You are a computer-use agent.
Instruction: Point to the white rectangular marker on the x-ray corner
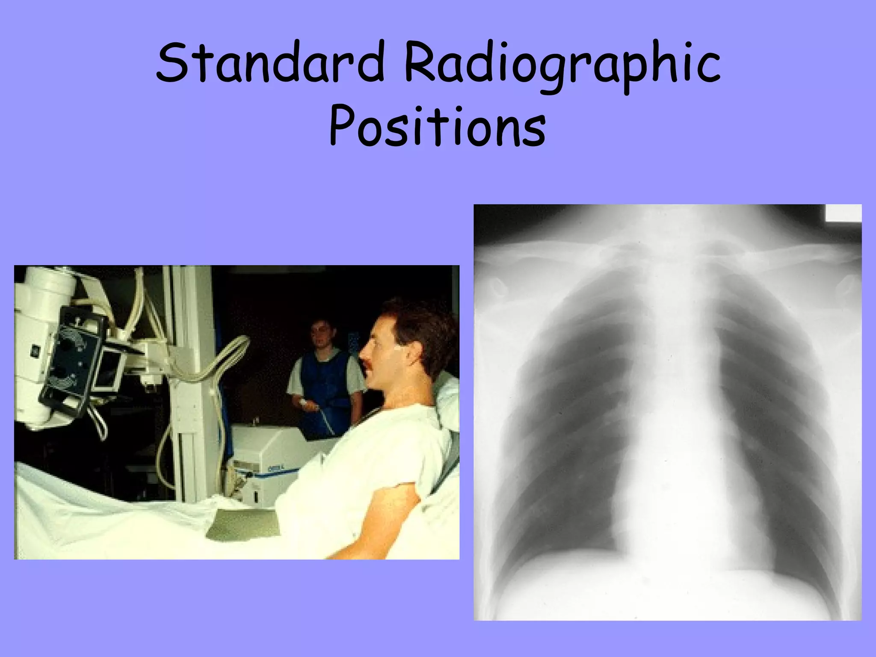pos(843,213)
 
